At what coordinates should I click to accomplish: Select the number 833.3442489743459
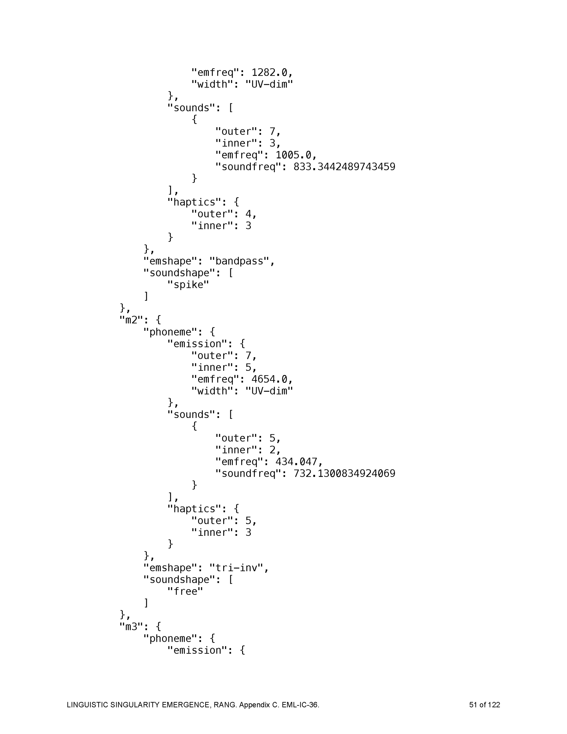(x=344, y=167)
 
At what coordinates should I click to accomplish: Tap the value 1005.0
(x=293, y=155)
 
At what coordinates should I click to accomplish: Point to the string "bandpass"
(x=239, y=261)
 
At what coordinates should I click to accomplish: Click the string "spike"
(x=188, y=285)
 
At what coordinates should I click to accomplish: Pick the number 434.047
(x=296, y=461)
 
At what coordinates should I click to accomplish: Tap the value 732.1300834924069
(x=344, y=473)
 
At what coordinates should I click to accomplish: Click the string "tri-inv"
(x=236, y=568)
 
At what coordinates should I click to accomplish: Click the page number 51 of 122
(x=484, y=705)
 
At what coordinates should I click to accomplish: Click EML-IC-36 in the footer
(x=300, y=705)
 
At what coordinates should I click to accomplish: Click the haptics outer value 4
(x=248, y=214)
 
